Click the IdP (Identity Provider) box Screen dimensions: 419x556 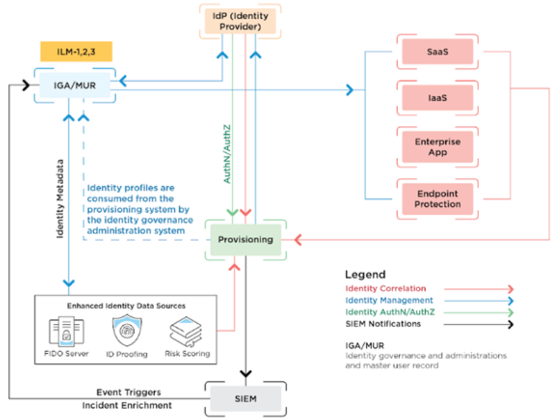click(x=240, y=21)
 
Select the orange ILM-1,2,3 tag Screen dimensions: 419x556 click(x=70, y=50)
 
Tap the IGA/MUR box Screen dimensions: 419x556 click(x=75, y=85)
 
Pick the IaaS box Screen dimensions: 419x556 click(x=437, y=98)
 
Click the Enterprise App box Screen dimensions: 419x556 click(x=437, y=147)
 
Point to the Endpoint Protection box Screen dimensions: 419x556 click(x=437, y=199)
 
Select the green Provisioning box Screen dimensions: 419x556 click(x=245, y=239)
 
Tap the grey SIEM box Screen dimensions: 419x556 click(x=245, y=398)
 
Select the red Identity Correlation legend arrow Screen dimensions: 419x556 click(x=479, y=289)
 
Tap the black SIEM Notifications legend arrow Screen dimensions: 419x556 click(x=479, y=324)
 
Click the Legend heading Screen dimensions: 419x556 click(x=365, y=274)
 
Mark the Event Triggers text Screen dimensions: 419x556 click(x=128, y=392)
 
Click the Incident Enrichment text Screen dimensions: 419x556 click(x=127, y=406)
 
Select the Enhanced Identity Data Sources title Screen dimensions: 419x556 click(x=128, y=306)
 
